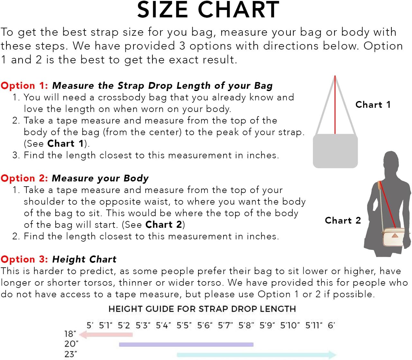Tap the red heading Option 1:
(24, 86)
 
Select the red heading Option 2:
(24, 178)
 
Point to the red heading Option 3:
(24, 259)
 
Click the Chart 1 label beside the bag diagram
(373, 105)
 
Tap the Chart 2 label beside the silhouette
(343, 220)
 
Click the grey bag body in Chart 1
(335, 151)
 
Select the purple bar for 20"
(186, 345)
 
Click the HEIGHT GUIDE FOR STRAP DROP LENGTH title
(202, 309)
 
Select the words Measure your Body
(100, 178)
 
